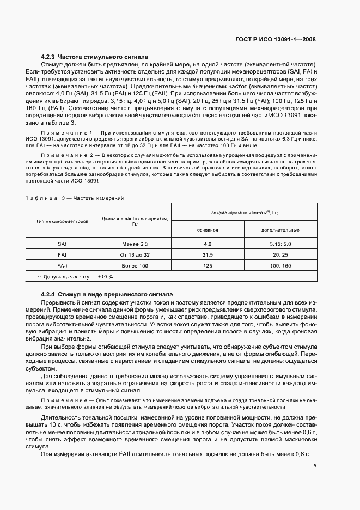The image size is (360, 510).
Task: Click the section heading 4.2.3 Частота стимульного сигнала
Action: pyautogui.click(x=95, y=57)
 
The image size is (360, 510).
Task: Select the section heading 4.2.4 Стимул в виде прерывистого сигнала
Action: pyautogui.click(x=107, y=294)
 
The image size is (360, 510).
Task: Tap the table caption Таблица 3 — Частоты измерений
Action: pyautogui.click(x=75, y=198)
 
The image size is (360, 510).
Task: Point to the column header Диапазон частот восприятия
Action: pyautogui.click(x=135, y=221)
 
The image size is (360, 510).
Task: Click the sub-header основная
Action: pyautogui.click(x=208, y=230)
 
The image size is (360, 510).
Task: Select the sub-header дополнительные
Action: pyautogui.click(x=280, y=230)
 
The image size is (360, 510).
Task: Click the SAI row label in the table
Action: pyautogui.click(x=62, y=244)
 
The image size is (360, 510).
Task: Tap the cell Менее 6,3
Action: pyautogui.click(x=135, y=244)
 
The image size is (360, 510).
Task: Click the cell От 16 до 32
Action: pyautogui.click(x=135, y=254)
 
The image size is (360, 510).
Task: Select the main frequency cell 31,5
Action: pyautogui.click(x=208, y=254)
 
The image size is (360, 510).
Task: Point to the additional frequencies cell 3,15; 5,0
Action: pyautogui.click(x=280, y=244)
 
